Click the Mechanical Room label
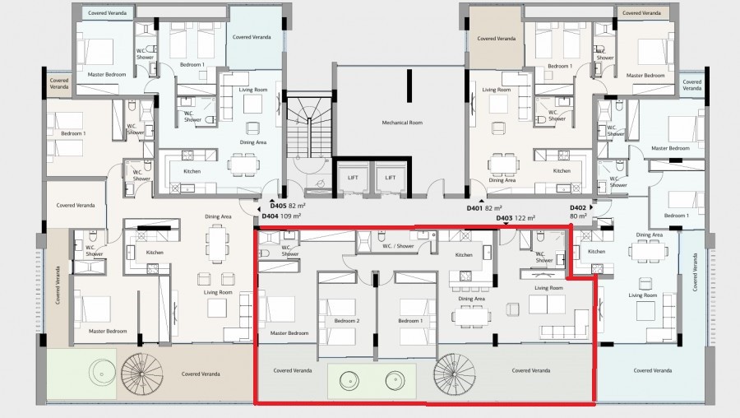tap(401, 123)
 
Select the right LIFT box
tap(391, 178)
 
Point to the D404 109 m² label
tap(281, 217)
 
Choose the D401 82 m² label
tap(484, 208)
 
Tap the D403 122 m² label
tap(516, 218)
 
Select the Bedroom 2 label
tap(347, 320)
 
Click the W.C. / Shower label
tap(399, 245)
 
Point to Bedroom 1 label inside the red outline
tap(410, 320)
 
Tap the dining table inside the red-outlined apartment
tap(470, 315)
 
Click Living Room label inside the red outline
tap(548, 288)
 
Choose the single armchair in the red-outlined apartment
tap(513, 309)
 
